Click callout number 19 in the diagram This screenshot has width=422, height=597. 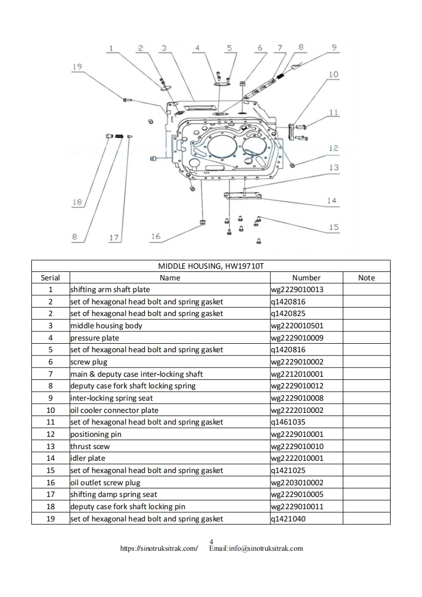point(77,67)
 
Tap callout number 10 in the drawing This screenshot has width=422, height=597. point(333,74)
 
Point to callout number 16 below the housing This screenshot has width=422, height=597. point(155,237)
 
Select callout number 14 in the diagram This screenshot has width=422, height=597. point(332,201)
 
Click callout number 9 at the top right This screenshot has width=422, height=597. point(334,47)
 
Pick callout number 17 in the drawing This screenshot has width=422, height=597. point(114,238)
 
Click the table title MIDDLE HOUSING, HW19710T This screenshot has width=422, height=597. point(210,266)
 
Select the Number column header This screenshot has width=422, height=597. point(306,278)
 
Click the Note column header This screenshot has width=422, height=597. point(366,278)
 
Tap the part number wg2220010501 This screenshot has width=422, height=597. point(297,326)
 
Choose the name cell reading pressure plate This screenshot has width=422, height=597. point(95,338)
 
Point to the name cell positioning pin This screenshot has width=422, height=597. point(96,434)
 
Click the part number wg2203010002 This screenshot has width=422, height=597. point(297,483)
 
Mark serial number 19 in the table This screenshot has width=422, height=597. point(51,519)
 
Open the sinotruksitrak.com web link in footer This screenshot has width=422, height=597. point(160,548)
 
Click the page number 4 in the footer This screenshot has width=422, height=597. point(211,542)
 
